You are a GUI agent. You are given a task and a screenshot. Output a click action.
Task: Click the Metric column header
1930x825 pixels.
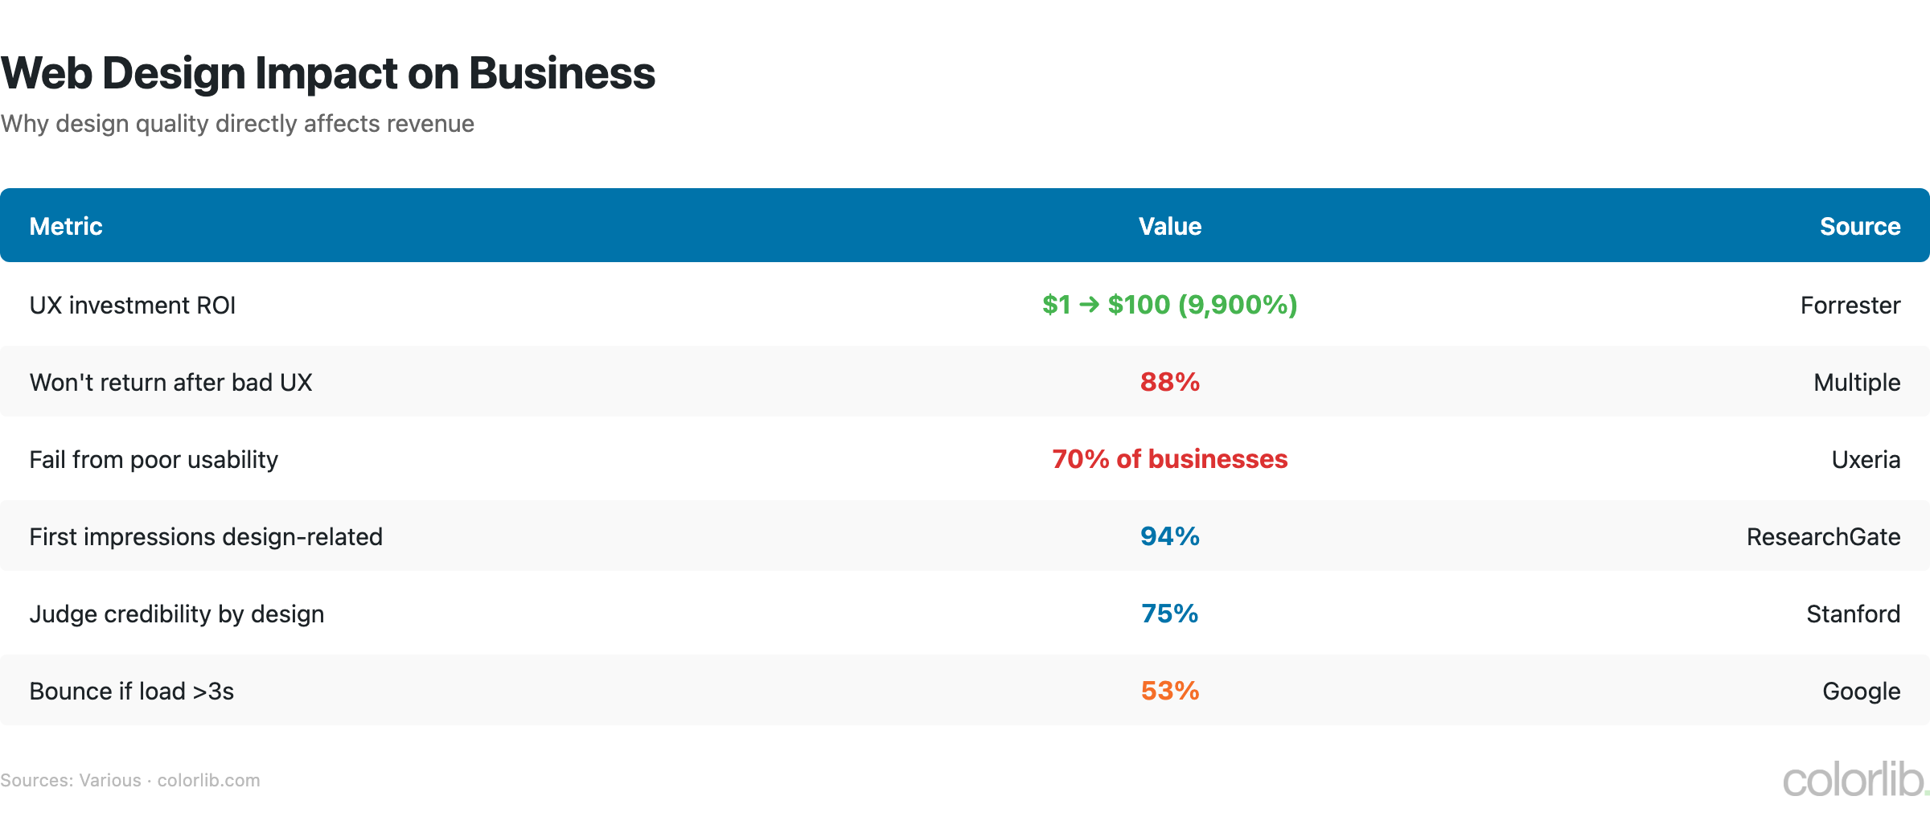click(66, 226)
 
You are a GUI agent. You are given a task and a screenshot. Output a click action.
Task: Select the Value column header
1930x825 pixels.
click(1169, 226)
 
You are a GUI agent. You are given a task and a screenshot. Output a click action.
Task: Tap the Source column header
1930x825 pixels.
click(1859, 226)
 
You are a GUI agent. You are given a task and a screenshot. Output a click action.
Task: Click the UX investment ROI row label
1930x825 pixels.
click(133, 306)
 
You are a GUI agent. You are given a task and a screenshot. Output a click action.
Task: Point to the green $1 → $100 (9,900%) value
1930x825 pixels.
click(1169, 305)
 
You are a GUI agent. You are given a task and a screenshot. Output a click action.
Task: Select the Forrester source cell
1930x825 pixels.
click(1850, 306)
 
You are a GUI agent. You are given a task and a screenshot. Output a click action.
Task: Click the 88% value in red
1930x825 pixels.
click(1169, 382)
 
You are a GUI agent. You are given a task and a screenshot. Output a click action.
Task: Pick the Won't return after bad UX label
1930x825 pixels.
click(170, 383)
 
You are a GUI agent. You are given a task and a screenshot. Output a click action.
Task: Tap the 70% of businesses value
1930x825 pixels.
click(1169, 459)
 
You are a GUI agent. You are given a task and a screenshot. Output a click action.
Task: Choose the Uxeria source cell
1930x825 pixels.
click(1866, 460)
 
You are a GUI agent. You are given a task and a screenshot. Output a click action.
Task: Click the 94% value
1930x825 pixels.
click(1169, 536)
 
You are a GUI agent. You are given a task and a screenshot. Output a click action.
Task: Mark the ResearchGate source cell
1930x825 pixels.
click(1823, 537)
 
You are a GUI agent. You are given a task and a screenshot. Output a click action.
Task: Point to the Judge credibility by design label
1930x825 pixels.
click(177, 614)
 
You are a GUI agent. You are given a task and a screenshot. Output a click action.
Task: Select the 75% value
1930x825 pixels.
click(1169, 614)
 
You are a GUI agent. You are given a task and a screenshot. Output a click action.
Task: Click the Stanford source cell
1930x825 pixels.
click(1853, 614)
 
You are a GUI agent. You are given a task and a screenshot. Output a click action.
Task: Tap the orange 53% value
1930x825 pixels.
click(1169, 691)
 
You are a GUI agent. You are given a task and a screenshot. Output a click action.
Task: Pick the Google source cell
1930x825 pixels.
click(1861, 692)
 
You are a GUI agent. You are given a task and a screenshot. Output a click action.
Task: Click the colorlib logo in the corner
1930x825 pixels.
click(1854, 780)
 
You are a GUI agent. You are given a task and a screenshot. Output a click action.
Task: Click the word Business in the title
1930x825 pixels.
click(561, 73)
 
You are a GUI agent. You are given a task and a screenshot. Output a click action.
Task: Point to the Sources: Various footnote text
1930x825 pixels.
click(71, 780)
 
